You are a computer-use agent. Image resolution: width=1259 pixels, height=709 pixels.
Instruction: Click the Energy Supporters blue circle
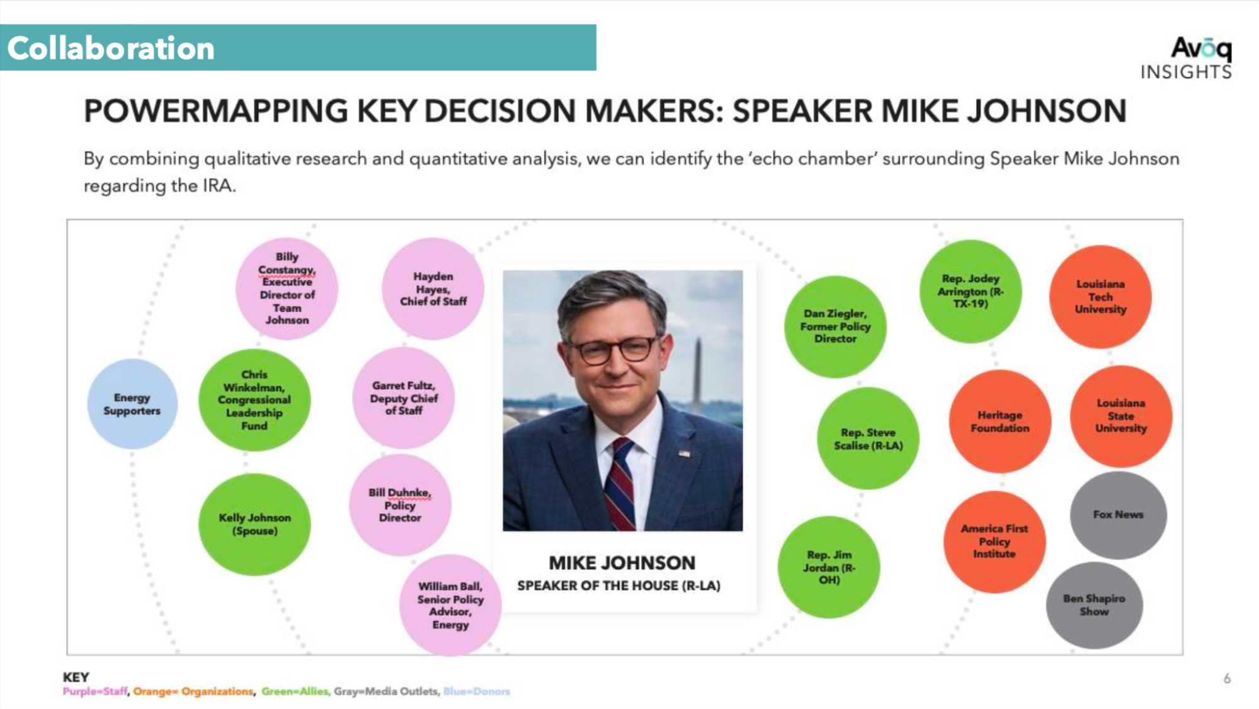pos(132,404)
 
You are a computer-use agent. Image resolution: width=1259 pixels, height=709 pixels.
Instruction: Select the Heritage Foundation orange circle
pos(1000,421)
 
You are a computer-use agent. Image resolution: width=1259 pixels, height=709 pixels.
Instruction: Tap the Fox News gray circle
pos(1118,514)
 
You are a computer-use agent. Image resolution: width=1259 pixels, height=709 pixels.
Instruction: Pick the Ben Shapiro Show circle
pos(1094,605)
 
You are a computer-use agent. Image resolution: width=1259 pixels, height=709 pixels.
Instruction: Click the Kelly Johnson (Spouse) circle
pos(254,524)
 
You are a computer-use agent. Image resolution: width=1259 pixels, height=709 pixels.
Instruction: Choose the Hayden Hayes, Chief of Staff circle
pos(433,288)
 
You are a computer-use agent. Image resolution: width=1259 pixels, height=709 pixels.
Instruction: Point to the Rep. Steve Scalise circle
pos(868,438)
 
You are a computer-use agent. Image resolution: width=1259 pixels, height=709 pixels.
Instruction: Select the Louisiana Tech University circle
pos(1100,297)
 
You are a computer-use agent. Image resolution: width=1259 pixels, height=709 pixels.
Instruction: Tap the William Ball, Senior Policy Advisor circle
pos(450,605)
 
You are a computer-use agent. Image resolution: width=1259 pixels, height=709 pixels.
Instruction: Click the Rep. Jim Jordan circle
pos(829,567)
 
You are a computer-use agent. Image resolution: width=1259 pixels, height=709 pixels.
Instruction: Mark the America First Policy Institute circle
pos(994,542)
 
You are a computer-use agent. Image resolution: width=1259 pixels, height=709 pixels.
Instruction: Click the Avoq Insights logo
pos(1187,59)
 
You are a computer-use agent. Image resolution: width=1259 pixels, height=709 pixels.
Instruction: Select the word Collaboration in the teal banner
pos(111,48)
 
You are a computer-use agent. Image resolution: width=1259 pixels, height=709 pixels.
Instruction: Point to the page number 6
pos(1227,678)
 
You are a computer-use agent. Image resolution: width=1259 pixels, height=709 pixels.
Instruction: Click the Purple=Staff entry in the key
pos(95,691)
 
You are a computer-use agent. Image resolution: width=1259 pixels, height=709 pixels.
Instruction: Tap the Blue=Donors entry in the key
pos(477,691)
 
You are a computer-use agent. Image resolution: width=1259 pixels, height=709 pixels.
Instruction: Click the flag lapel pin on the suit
pos(684,453)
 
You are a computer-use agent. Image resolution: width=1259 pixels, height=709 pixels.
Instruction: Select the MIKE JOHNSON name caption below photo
pos(622,562)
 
